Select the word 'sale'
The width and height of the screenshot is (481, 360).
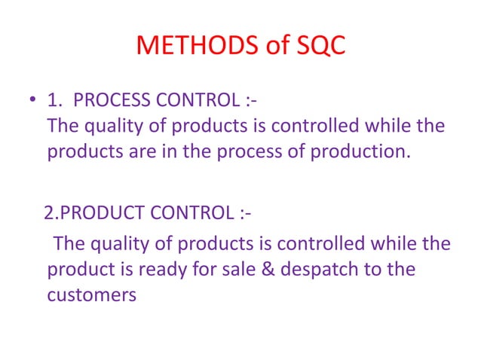coord(249,269)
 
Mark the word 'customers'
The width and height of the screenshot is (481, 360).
coord(91,294)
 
